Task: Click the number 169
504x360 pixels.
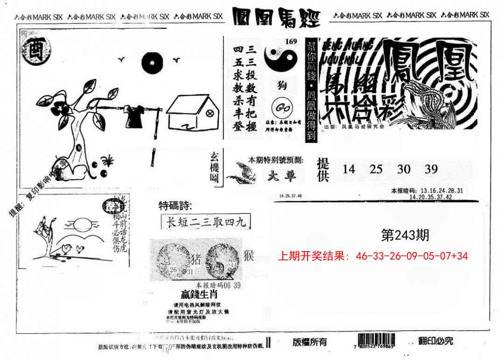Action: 291,42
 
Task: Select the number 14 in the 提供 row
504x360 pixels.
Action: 349,169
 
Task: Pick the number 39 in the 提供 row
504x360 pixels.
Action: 431,169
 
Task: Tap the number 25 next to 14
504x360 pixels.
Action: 376,169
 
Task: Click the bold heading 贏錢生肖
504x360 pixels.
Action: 199,294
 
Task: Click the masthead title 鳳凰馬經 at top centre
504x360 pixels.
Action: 275,18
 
